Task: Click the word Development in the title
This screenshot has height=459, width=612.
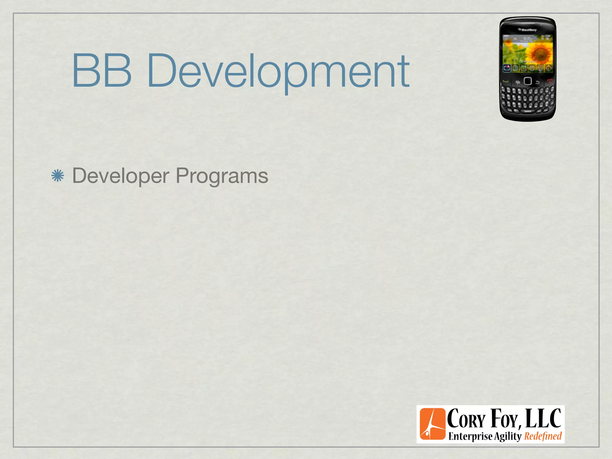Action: (x=278, y=72)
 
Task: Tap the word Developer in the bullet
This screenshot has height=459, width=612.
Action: (x=121, y=176)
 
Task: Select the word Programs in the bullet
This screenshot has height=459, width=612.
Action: (x=222, y=176)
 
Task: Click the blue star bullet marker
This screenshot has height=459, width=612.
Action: (x=58, y=176)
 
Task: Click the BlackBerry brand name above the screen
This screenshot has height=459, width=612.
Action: (x=528, y=30)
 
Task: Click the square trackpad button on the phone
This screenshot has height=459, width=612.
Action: (x=528, y=81)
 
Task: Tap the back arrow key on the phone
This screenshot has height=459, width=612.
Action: (x=538, y=82)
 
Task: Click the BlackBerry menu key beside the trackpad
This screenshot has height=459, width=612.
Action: (x=518, y=82)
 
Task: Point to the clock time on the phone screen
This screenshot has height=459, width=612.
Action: (x=527, y=39)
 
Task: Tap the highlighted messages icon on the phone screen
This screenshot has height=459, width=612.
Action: (x=507, y=68)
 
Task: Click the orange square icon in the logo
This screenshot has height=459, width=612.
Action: (x=432, y=424)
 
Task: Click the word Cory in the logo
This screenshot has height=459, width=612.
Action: (x=466, y=419)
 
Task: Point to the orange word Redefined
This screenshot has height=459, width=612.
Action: (x=543, y=436)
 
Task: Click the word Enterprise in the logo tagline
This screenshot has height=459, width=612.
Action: (x=470, y=436)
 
